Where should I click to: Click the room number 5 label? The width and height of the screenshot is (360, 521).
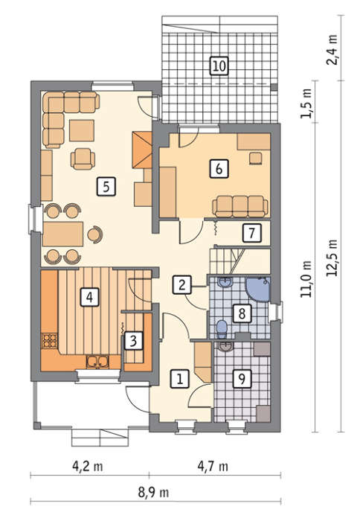[106, 186]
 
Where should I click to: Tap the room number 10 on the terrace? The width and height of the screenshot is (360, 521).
[219, 65]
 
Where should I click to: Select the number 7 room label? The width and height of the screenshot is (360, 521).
[251, 232]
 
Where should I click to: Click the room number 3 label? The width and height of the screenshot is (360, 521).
[133, 341]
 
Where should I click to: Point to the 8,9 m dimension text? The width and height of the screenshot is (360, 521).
[153, 492]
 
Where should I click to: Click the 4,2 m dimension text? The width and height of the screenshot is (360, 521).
[88, 466]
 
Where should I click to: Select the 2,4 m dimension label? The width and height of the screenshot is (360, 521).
[332, 50]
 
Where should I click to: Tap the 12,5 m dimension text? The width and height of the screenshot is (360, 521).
[332, 258]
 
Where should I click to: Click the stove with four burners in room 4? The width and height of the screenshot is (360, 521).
[49, 340]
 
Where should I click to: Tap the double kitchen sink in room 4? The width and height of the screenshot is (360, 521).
[97, 362]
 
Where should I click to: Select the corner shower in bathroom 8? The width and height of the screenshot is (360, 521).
[258, 289]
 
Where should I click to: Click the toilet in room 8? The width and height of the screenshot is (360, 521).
[222, 328]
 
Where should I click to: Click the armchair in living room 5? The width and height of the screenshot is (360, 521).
[83, 159]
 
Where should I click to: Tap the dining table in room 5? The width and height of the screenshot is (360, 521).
[62, 234]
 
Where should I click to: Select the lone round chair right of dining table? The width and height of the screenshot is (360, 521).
[95, 234]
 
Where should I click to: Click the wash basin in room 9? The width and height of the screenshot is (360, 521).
[226, 347]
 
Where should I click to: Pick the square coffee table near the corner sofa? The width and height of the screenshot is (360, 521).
[82, 130]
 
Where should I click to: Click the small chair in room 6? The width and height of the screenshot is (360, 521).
[255, 158]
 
